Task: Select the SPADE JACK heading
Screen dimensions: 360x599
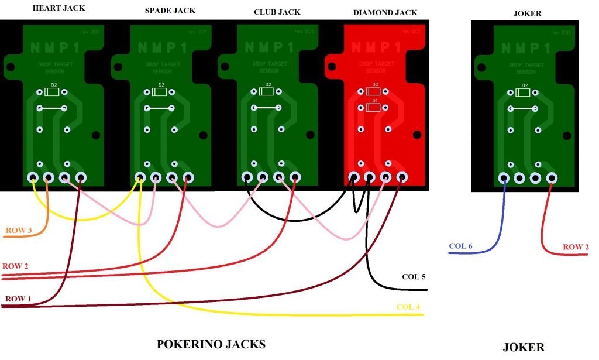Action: pos(170,11)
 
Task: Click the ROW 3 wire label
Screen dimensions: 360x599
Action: pos(19,230)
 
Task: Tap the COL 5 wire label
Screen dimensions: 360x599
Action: pos(414,276)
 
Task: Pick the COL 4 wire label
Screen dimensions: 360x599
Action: pos(408,307)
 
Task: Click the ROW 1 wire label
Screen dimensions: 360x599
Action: pos(18,299)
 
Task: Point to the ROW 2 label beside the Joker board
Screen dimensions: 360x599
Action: pos(576,247)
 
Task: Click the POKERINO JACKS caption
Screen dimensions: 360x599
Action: pos(211,344)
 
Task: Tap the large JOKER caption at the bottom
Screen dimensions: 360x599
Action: pos(524,347)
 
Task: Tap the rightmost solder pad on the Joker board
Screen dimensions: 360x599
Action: pos(551,178)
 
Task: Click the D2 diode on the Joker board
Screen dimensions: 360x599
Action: pos(523,92)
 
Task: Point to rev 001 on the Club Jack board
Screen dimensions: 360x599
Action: pos(304,32)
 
